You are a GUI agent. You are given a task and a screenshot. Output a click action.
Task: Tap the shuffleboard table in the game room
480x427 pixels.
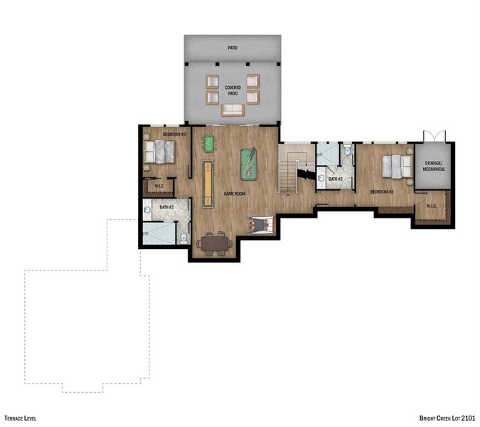tap(207, 182)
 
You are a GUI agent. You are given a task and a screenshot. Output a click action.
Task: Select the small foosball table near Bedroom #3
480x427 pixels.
tap(209, 144)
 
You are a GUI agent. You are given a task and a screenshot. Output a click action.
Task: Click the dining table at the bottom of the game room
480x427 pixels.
tap(215, 243)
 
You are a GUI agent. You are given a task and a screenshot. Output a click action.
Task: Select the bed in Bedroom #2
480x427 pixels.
tap(396, 167)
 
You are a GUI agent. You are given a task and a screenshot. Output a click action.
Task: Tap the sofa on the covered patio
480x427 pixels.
tap(233, 110)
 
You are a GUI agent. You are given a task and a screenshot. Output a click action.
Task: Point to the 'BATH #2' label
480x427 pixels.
tap(336, 178)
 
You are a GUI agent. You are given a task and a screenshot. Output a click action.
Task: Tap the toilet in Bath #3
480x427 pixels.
tap(183, 238)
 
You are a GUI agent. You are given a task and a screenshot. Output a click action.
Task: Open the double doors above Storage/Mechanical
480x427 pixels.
tap(433, 136)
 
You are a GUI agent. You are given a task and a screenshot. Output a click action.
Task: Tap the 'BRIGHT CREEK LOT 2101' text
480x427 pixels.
tap(447, 418)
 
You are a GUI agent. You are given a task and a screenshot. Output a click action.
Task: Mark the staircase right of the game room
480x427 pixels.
tap(290, 169)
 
